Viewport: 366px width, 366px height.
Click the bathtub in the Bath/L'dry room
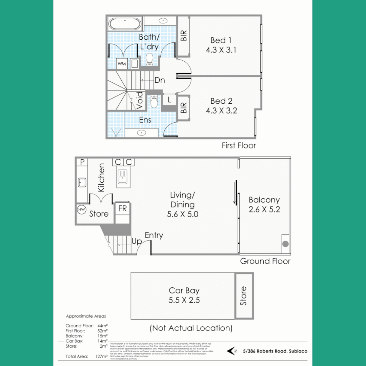(x=124, y=24)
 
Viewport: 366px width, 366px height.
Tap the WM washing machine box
(x=122, y=63)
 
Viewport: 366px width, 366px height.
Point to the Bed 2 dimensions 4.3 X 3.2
(x=221, y=110)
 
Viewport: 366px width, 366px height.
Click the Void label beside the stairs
(x=140, y=101)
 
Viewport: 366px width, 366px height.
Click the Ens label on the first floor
(x=145, y=120)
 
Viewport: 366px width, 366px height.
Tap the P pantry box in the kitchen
(x=82, y=162)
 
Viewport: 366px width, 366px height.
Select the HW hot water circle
(x=82, y=210)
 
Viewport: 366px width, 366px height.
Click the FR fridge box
(x=122, y=209)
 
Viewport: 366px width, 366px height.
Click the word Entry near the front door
(x=154, y=235)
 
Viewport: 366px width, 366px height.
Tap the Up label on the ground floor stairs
(x=137, y=241)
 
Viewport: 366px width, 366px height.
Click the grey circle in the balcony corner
(x=286, y=243)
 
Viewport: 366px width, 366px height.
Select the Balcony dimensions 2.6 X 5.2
(x=264, y=209)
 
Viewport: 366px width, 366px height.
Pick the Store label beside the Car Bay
(x=244, y=296)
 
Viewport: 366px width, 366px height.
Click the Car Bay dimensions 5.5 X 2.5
(x=184, y=300)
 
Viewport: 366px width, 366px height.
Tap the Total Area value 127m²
(x=102, y=356)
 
